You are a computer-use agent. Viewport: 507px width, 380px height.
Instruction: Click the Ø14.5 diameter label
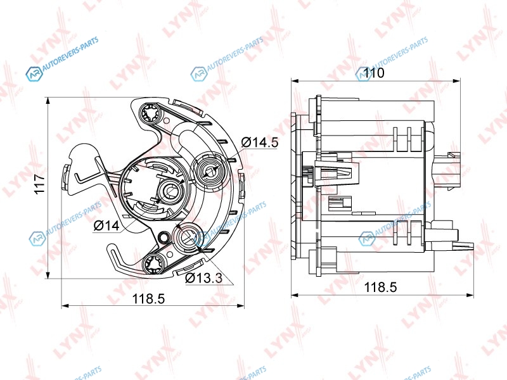coord(260,142)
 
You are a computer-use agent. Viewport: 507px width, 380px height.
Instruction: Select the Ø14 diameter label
coord(106,225)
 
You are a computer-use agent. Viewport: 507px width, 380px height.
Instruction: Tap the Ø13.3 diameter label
coord(203,277)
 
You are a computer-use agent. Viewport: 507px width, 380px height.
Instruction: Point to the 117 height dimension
coord(40,184)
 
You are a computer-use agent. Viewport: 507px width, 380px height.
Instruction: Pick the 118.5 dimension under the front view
coord(149,298)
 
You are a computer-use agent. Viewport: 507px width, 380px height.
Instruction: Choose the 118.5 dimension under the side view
coord(381,287)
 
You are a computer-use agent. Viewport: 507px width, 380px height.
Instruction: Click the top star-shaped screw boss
coord(150,113)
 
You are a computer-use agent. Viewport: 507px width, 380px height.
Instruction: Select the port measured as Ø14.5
coord(210,168)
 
